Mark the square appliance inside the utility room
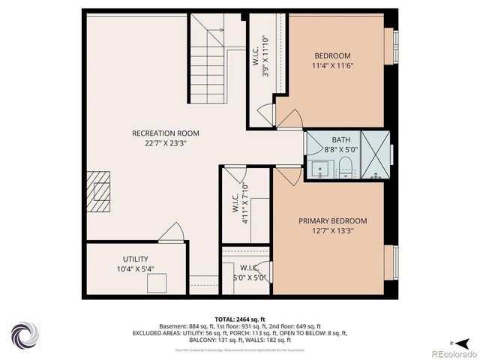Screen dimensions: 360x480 [x=157, y=283]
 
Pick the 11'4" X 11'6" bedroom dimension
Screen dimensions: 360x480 [x=333, y=65]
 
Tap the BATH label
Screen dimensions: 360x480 [x=341, y=139]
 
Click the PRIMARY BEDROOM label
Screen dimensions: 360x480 [x=333, y=220]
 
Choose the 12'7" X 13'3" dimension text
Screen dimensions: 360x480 [x=333, y=231]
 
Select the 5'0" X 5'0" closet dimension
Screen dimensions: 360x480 [x=249, y=277]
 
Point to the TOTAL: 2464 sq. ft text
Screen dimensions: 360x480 [x=240, y=319]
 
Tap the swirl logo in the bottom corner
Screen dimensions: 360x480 [x=24, y=334]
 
